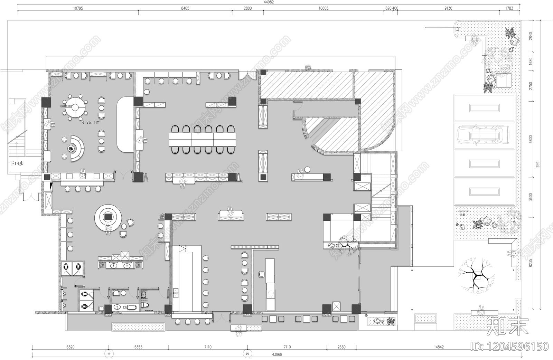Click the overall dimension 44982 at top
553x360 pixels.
(269, 2)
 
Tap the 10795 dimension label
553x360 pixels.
(78, 8)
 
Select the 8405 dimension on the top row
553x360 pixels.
(185, 8)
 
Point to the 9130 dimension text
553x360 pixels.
(448, 8)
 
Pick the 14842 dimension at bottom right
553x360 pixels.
(439, 347)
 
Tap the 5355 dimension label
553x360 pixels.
(138, 347)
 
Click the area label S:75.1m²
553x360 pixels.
(91, 122)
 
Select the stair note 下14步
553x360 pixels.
(16, 163)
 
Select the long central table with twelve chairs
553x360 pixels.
(202, 140)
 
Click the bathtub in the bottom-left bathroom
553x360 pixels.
(132, 307)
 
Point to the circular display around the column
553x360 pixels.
(108, 217)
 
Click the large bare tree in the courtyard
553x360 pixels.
(476, 275)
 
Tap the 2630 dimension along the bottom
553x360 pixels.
(341, 347)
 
